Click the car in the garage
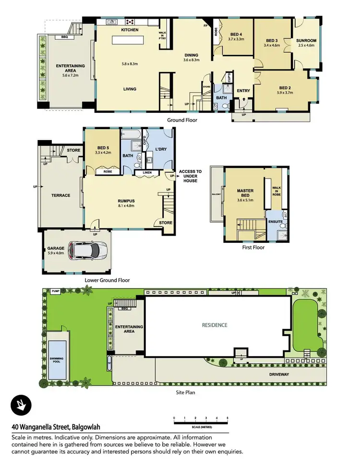[x=87, y=250]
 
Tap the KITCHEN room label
[x=130, y=30]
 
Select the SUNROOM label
[x=306, y=41]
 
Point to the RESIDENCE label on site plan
[x=215, y=325]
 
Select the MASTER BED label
[x=245, y=193]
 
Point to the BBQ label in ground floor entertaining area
[x=64, y=37]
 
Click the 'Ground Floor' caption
[x=182, y=120]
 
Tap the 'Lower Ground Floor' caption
[x=107, y=280]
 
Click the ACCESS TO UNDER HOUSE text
[x=191, y=176]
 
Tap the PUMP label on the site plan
[x=56, y=291]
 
